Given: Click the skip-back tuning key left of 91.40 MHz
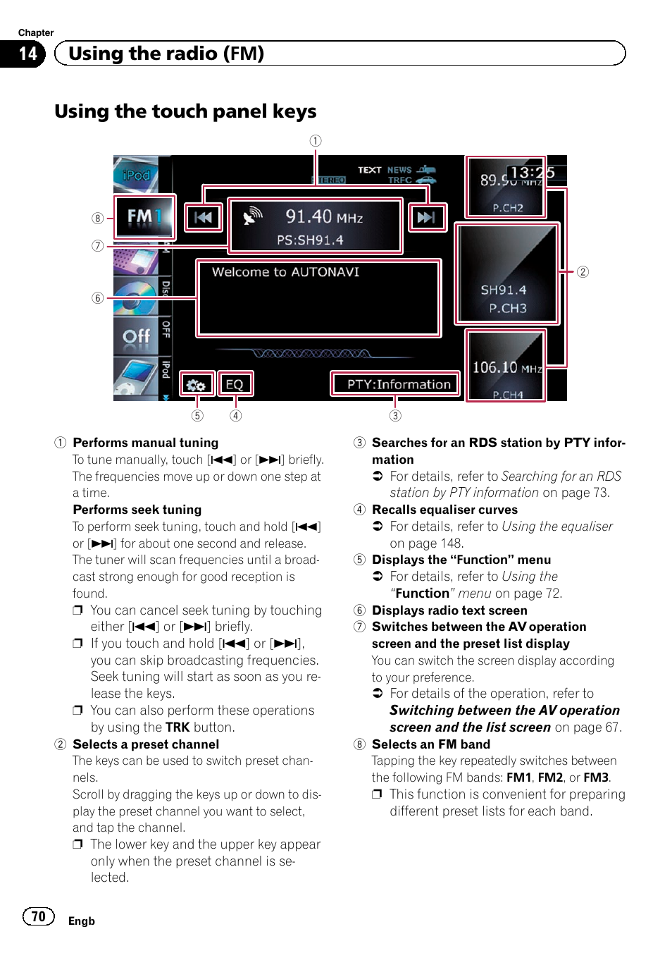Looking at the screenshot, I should pyautogui.click(x=203, y=217).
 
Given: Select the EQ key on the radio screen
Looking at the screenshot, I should pyautogui.click(x=235, y=384).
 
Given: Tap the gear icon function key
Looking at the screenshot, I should pyautogui.click(x=196, y=385).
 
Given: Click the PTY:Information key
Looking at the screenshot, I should pyautogui.click(x=395, y=384).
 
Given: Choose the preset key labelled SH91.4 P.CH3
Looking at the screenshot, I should pyautogui.click(x=506, y=274).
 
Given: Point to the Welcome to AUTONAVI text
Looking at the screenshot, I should pyautogui.click(x=285, y=272).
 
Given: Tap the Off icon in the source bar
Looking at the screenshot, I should pyautogui.click(x=136, y=336).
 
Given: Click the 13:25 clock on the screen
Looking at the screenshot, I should pyautogui.click(x=532, y=173).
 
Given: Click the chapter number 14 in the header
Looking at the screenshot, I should pyautogui.click(x=28, y=54).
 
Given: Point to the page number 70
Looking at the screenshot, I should pyautogui.click(x=39, y=916).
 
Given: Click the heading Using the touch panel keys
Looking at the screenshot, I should pyautogui.click(x=185, y=111).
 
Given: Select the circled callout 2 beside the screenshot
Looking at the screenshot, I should pyautogui.click(x=583, y=272).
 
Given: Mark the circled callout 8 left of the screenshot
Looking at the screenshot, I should pyautogui.click(x=98, y=219).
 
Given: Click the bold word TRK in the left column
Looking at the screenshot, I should pyautogui.click(x=178, y=727).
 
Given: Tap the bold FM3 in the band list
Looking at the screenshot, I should pyautogui.click(x=595, y=777).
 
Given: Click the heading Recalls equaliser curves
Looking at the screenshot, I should pyautogui.click(x=444, y=510).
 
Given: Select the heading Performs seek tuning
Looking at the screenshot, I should pyautogui.click(x=137, y=510).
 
